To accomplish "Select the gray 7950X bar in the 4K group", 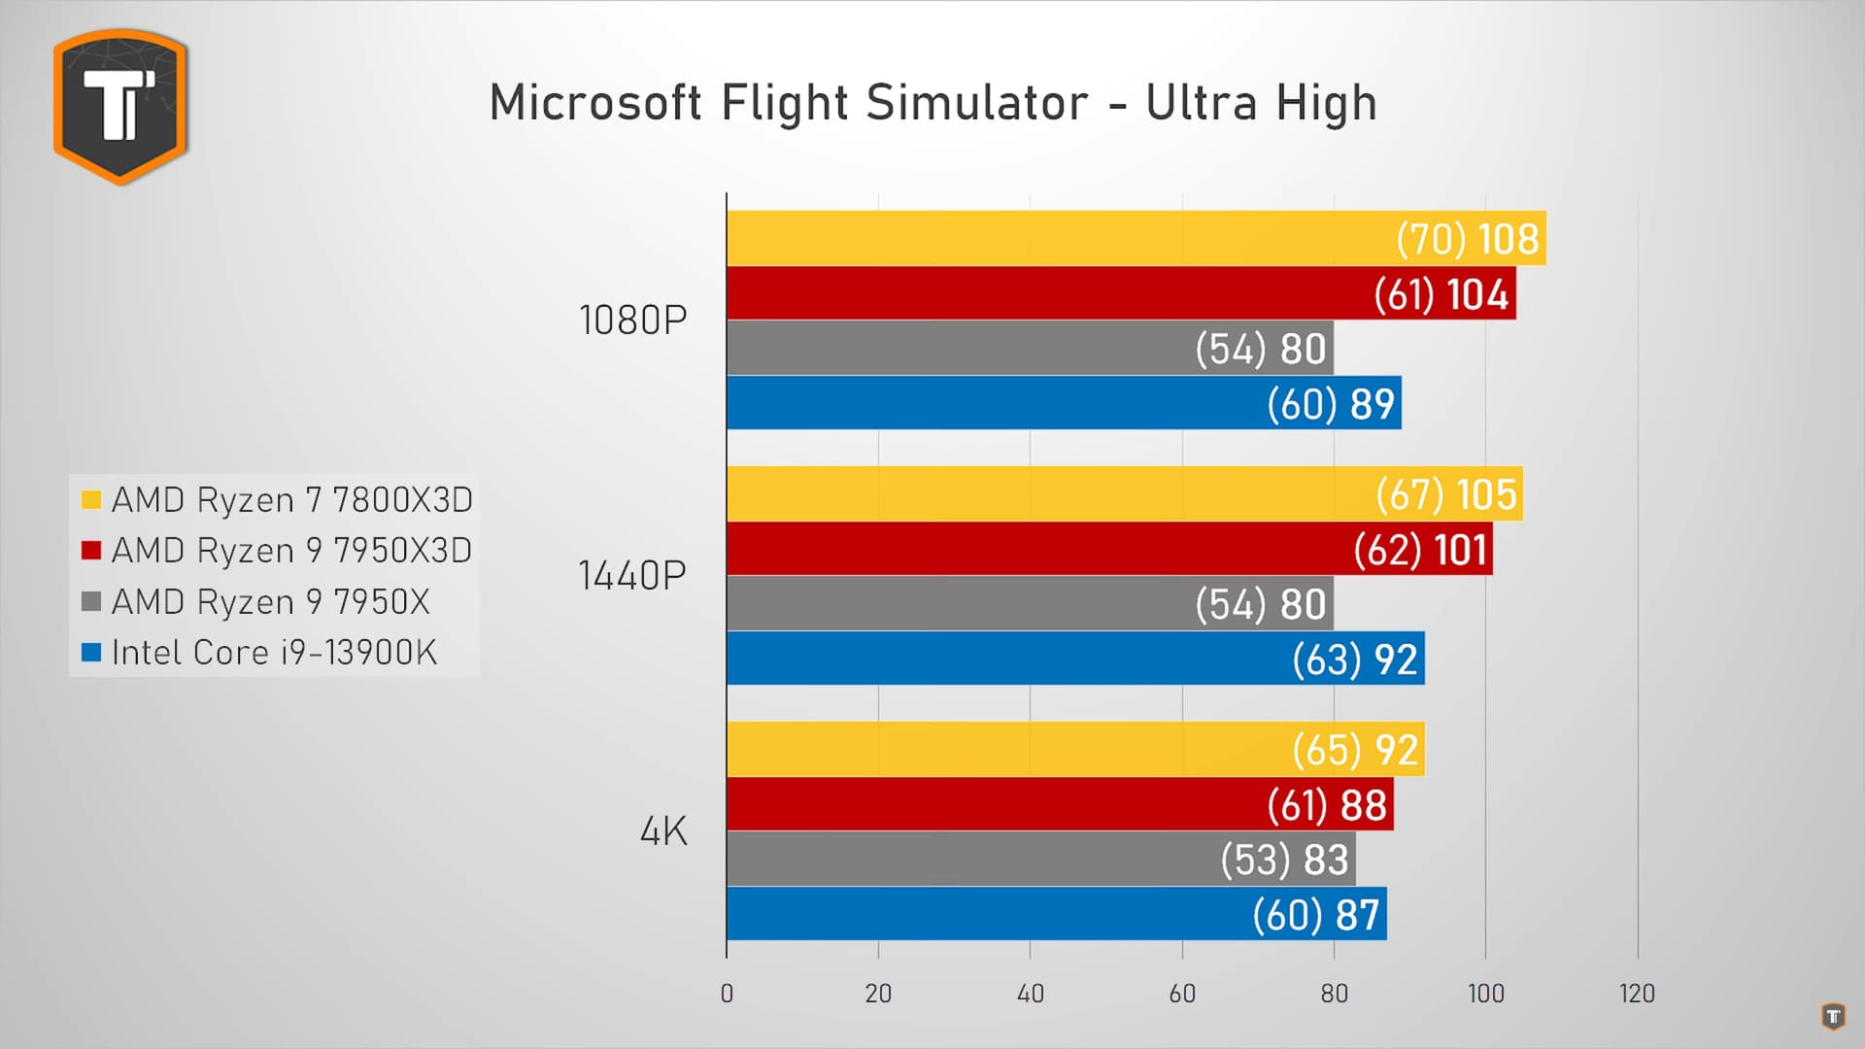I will pyautogui.click(x=971, y=859).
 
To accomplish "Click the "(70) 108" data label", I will pyautogui.click(x=1467, y=239).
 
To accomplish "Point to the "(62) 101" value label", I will pyautogui.click(x=1420, y=550).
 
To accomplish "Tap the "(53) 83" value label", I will pyautogui.click(x=1284, y=860).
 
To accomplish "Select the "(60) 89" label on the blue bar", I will pyautogui.click(x=1331, y=404).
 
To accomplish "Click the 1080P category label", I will pyautogui.click(x=632, y=321).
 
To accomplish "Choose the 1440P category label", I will pyautogui.click(x=632, y=576).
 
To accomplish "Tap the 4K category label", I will pyautogui.click(x=663, y=831).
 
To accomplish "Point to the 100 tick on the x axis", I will pyautogui.click(x=1485, y=993).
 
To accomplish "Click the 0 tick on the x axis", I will pyautogui.click(x=727, y=993).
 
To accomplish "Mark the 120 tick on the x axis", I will pyautogui.click(x=1637, y=993).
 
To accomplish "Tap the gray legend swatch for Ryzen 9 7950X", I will pyautogui.click(x=91, y=602).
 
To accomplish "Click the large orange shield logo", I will pyautogui.click(x=120, y=106).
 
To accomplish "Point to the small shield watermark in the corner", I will pyautogui.click(x=1832, y=1016).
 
